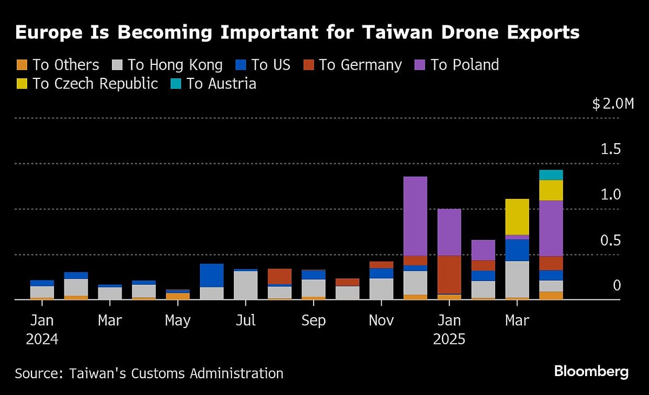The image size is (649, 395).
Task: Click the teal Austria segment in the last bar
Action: [551, 175]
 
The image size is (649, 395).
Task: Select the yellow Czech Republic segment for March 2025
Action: [517, 216]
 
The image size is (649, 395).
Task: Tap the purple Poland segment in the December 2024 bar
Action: [415, 216]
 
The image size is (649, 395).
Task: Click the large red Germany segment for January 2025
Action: [449, 275]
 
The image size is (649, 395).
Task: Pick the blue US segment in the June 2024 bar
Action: [211, 275]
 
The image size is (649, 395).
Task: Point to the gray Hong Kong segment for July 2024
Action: [246, 285]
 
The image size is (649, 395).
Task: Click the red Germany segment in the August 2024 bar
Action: [280, 276]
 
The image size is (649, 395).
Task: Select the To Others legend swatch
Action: [21, 65]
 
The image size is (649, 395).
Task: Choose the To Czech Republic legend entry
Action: [95, 84]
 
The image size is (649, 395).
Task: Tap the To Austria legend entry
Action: [221, 84]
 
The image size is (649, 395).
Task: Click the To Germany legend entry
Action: [360, 65]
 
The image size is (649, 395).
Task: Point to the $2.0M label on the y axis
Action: [613, 104]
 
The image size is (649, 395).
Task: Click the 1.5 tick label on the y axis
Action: [611, 150]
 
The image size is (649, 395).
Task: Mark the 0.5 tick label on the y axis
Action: [611, 240]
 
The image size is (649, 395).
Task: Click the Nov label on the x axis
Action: [381, 320]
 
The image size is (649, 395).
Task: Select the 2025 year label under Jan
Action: [449, 340]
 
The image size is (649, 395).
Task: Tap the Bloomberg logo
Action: [591, 372]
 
